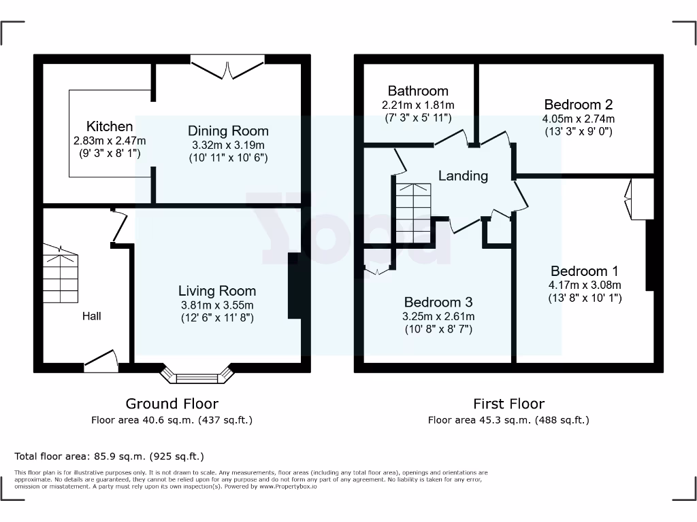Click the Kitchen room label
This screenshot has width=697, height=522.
click(x=110, y=126)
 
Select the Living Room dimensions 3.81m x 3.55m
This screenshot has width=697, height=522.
click(x=216, y=305)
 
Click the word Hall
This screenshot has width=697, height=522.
click(x=92, y=316)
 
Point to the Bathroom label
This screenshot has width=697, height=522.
click(x=418, y=91)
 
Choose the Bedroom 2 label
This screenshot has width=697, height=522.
click(x=579, y=105)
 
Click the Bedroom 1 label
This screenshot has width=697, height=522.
click(x=585, y=271)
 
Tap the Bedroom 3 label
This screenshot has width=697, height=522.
click(x=438, y=302)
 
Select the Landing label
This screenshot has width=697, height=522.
click(x=463, y=176)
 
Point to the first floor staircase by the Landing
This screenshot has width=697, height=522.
click(x=412, y=211)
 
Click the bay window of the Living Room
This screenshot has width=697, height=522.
click(x=197, y=375)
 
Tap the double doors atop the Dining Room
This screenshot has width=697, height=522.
click(x=227, y=67)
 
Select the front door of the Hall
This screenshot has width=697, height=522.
click(x=100, y=359)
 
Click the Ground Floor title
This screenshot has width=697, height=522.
click(x=172, y=404)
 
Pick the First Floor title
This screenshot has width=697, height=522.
click(x=508, y=404)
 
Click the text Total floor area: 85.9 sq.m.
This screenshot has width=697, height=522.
click(x=109, y=456)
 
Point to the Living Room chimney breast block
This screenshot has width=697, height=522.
click(x=295, y=286)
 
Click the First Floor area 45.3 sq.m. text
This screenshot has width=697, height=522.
click(x=508, y=420)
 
